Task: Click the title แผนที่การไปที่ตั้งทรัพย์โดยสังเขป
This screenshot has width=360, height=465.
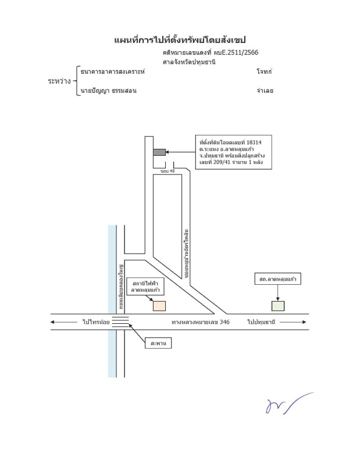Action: pyautogui.click(x=180, y=40)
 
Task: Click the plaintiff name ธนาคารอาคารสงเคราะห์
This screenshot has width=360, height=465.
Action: pyautogui.click(x=113, y=71)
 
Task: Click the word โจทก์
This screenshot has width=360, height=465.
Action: pyautogui.click(x=264, y=71)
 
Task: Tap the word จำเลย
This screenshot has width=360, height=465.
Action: pyautogui.click(x=265, y=91)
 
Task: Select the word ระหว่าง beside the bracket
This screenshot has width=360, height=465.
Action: pyautogui.click(x=59, y=81)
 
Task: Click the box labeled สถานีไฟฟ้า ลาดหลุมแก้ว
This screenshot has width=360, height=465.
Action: pyautogui.click(x=145, y=285)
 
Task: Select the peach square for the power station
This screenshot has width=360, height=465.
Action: pyautogui.click(x=159, y=305)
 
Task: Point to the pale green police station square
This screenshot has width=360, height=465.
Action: pyautogui.click(x=279, y=306)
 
